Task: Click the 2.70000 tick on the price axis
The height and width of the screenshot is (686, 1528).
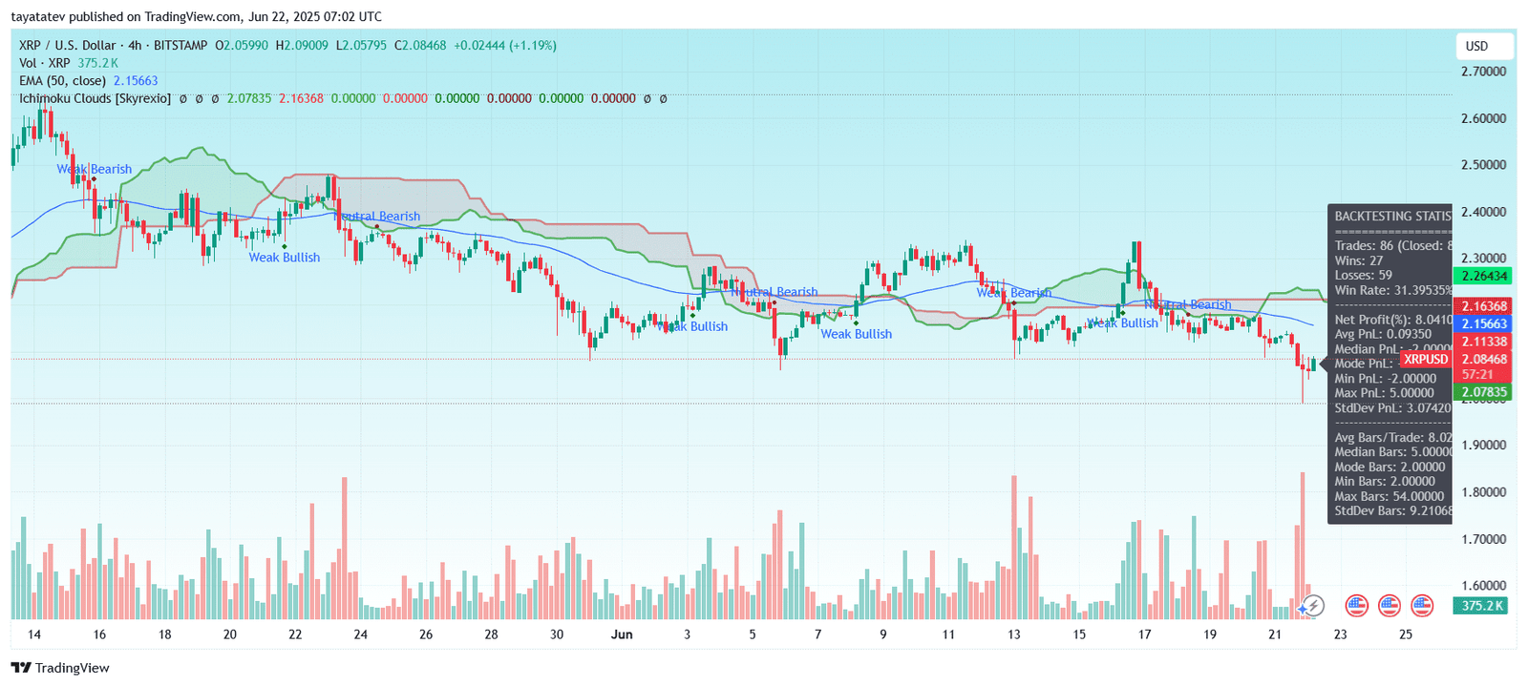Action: (1483, 72)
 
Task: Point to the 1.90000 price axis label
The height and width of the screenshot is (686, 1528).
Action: (1483, 446)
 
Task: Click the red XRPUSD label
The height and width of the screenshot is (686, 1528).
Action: (1425, 360)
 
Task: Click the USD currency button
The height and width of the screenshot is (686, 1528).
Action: (1476, 46)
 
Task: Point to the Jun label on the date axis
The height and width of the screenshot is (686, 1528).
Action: (622, 634)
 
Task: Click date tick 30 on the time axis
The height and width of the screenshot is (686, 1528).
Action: (557, 634)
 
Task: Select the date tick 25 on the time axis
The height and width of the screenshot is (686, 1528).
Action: (1405, 634)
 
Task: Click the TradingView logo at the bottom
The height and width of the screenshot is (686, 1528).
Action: (62, 668)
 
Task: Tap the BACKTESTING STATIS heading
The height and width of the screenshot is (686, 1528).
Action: (1391, 217)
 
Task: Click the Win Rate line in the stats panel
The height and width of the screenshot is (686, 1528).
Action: (1391, 290)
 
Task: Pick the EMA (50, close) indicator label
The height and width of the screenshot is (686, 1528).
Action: (62, 81)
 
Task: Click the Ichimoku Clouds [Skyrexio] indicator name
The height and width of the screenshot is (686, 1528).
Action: (95, 98)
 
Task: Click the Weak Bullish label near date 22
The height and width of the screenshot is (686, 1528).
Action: (285, 258)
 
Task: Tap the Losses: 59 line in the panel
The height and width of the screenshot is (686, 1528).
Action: (1363, 276)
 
